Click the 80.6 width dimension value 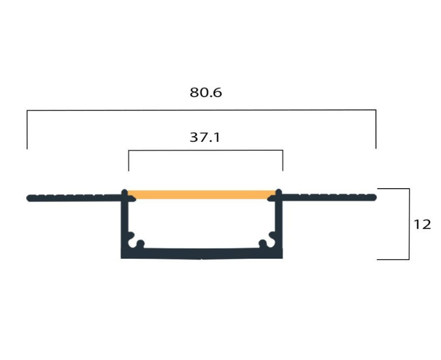coord(206,92)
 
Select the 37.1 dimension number coord(205,137)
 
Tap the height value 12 coord(422,224)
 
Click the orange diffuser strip coord(201,195)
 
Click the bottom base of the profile coord(202,253)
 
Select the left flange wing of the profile coord(74,198)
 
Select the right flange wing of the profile coord(328,197)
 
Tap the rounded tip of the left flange coord(28,198)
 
